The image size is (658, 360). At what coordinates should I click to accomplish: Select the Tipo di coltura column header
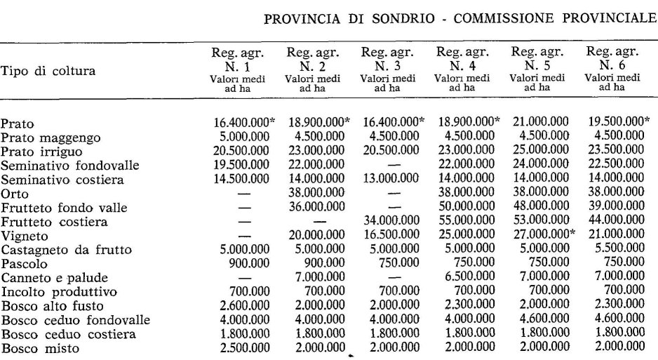pos(48,71)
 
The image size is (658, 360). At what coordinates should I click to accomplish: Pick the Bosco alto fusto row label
pos(52,306)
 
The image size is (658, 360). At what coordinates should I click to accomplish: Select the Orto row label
pos(14,193)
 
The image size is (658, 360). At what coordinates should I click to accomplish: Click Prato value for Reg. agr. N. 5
pos(538,121)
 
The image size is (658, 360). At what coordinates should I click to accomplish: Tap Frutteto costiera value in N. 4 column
pos(464,221)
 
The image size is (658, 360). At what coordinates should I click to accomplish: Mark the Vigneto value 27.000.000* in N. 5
pos(542,235)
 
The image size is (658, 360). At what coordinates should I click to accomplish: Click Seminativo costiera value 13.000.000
pos(391,178)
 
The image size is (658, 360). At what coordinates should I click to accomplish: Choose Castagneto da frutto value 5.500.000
pos(615,249)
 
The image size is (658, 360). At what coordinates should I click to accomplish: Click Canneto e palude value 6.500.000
pos(465,278)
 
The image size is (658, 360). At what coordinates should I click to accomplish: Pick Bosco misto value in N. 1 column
pos(241,348)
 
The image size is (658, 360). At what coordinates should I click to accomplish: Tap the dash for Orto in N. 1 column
pos(245,193)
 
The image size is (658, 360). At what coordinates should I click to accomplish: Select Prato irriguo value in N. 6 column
pos(615,150)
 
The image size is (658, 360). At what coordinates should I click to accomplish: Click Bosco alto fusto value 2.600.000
pos(241,306)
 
